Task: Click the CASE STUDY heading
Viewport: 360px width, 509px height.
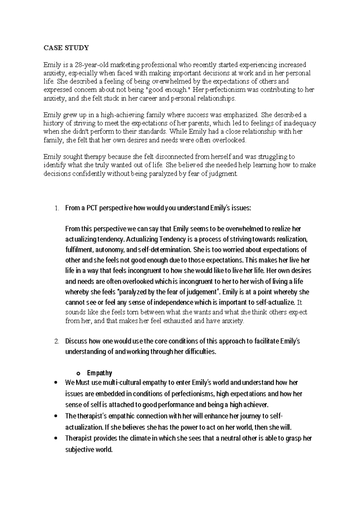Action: [x=66, y=48]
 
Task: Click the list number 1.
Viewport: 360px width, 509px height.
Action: [x=56, y=208]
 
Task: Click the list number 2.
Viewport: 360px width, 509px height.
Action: [x=56, y=341]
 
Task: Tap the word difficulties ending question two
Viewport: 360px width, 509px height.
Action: [x=200, y=352]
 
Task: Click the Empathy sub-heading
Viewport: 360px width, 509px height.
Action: [x=99, y=373]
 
